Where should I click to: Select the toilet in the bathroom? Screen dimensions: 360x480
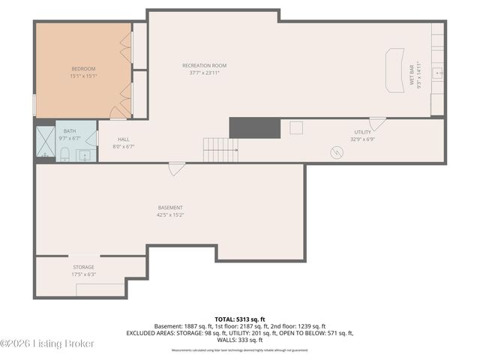[64, 154]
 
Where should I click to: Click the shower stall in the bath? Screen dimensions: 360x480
[44, 144]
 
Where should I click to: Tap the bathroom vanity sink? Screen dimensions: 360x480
[85, 156]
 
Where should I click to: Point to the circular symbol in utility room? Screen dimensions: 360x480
[337, 151]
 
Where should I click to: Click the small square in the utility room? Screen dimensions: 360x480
[296, 127]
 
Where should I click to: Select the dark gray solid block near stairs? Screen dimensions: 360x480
[254, 127]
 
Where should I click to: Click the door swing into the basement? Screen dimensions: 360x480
[175, 169]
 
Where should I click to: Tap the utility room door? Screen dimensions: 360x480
[377, 123]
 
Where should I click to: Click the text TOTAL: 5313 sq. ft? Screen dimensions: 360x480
[239, 319]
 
